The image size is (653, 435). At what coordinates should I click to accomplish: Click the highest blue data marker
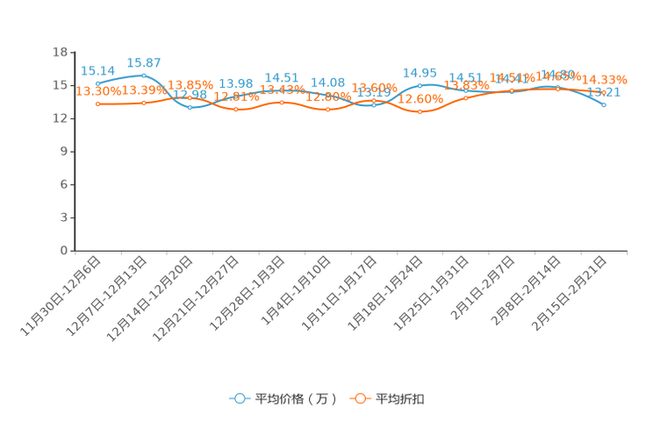[144, 75]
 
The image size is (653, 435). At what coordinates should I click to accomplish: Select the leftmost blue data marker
[98, 83]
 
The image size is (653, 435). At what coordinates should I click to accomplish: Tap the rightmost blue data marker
[604, 104]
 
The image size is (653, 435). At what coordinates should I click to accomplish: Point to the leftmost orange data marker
[98, 103]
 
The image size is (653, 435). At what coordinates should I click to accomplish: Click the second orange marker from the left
[144, 103]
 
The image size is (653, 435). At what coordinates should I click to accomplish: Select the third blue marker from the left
[190, 107]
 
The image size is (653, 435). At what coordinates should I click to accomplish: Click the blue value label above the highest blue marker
[144, 62]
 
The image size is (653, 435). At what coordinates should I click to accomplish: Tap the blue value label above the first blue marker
[97, 70]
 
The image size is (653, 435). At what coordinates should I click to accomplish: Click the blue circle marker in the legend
[239, 398]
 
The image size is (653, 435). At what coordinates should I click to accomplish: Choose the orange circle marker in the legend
[359, 398]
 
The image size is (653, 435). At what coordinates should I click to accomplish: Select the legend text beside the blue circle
[297, 399]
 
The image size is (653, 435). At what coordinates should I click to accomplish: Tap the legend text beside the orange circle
[401, 399]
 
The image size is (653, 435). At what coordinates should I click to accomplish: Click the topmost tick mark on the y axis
[71, 52]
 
